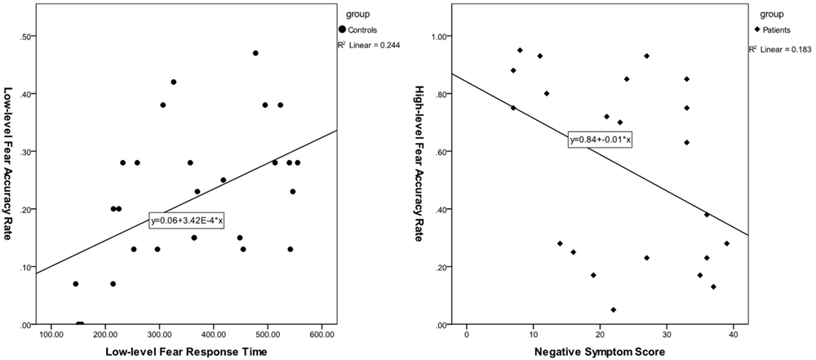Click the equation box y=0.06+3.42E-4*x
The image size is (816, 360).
(187, 220)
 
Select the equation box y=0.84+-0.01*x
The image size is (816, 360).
(601, 140)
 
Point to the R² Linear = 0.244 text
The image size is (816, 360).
(369, 45)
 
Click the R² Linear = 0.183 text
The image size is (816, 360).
(780, 50)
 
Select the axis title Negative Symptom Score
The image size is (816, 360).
(600, 351)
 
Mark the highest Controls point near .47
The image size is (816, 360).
(255, 53)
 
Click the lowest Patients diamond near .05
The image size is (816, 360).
(613, 310)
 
